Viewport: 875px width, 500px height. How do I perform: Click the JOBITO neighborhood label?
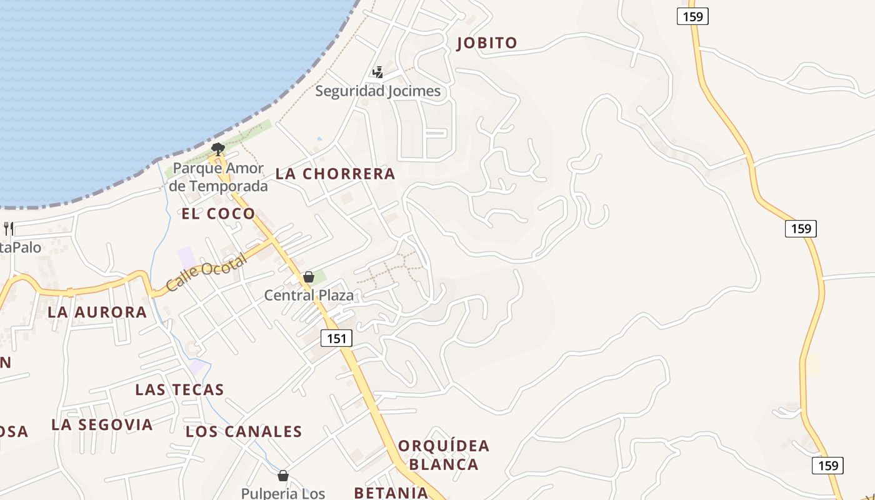tap(487, 43)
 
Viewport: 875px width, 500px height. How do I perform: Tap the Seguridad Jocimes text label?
tap(377, 91)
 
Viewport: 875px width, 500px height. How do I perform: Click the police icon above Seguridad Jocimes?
tap(377, 72)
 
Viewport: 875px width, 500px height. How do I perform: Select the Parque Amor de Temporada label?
tap(218, 177)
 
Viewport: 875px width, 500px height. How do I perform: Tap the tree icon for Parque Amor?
tap(217, 149)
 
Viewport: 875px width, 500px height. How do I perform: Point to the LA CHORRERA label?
tap(336, 174)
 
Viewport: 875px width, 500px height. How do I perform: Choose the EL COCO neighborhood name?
tap(218, 214)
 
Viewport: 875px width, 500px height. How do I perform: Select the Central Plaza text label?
tap(309, 295)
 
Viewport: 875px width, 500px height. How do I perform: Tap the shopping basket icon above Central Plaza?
tap(309, 277)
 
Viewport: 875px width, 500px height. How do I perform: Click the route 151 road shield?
tap(337, 338)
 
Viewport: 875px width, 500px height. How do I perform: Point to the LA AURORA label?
tap(97, 312)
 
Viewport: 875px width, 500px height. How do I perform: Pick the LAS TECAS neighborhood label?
tap(179, 390)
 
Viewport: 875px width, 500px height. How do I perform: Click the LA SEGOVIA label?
tap(102, 425)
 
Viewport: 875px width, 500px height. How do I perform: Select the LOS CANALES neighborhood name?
tap(244, 432)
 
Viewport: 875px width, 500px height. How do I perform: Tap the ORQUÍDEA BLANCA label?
tap(444, 455)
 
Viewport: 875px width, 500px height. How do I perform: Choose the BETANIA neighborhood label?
tap(391, 492)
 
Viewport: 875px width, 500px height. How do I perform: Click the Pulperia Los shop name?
tap(283, 493)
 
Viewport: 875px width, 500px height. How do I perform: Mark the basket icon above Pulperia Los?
tap(283, 476)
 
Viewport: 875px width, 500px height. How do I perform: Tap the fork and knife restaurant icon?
tap(9, 228)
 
